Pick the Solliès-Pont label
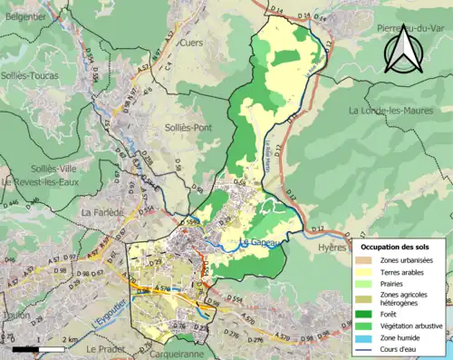pyautogui.click(x=188, y=128)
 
